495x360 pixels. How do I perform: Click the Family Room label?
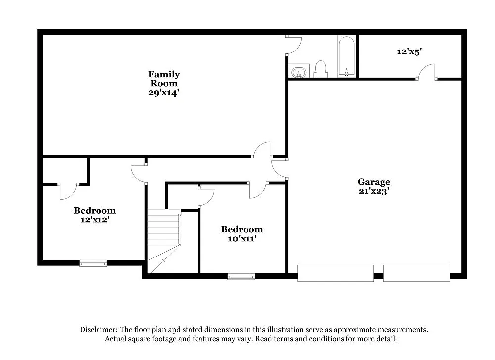pyautogui.click(x=164, y=79)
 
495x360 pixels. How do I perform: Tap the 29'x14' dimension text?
pyautogui.click(x=164, y=92)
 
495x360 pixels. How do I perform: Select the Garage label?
pyautogui.click(x=374, y=182)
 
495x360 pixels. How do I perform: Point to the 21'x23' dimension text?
pyautogui.click(x=374, y=191)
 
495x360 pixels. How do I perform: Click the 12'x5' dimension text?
pyautogui.click(x=409, y=51)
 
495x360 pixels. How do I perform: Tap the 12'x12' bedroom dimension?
pyautogui.click(x=95, y=219)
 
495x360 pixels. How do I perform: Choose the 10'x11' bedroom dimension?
pyautogui.click(x=242, y=238)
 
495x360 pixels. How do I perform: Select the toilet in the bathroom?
pyautogui.click(x=320, y=69)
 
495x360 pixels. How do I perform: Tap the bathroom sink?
pyautogui.click(x=298, y=72)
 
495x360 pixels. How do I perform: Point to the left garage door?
pyautogui.click(x=335, y=273)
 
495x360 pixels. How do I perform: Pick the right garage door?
pyautogui.click(x=416, y=273)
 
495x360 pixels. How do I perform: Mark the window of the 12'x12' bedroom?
pyautogui.click(x=93, y=263)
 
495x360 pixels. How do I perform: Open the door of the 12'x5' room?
pyautogui.click(x=426, y=72)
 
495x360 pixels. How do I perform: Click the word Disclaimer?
pyautogui.click(x=98, y=330)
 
